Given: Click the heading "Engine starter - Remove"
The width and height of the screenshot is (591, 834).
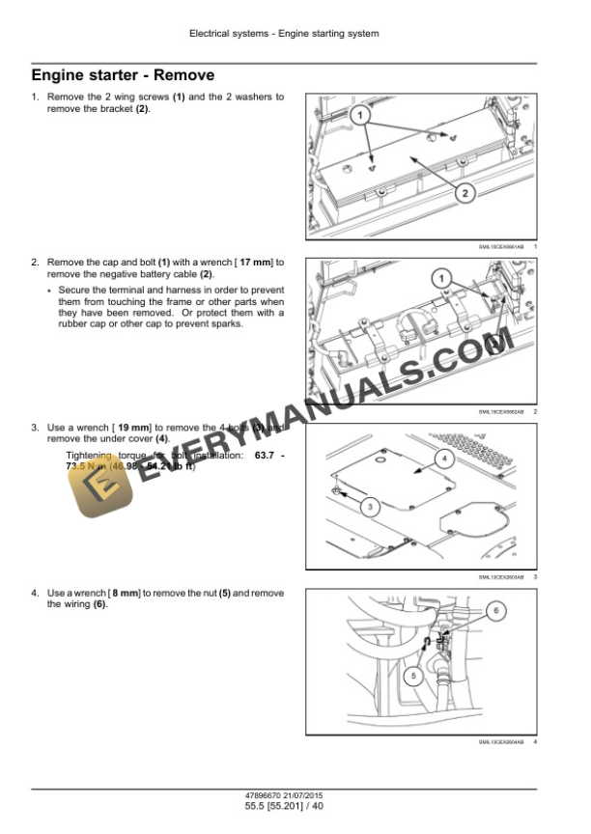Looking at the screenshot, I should [x=123, y=74].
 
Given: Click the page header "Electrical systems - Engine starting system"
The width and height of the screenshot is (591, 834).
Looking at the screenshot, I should [x=284, y=34].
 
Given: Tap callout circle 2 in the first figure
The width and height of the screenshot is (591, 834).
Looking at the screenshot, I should [x=464, y=193].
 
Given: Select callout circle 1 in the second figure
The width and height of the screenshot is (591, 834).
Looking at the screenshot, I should [x=443, y=279].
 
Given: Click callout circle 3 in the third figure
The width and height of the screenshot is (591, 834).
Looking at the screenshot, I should [x=368, y=506].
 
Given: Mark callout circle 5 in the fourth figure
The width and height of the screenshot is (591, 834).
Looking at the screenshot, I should [x=410, y=676].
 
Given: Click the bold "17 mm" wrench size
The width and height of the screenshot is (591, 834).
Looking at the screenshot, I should [x=256, y=263].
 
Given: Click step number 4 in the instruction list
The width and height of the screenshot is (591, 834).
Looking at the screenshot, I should [x=35, y=593].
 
